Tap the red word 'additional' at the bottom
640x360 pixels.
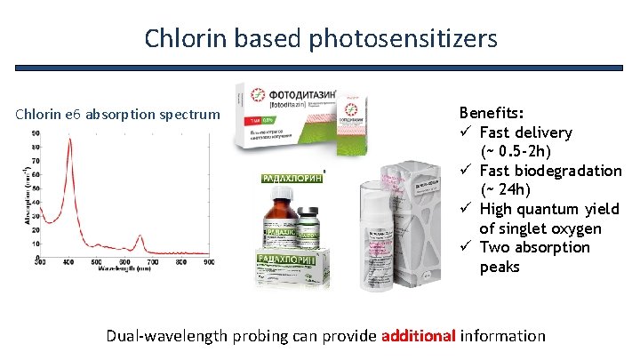418,336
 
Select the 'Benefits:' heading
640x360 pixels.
491,114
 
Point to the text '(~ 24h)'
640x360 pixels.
506,189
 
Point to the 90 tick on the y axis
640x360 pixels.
35,133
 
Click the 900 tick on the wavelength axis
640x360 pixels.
207,262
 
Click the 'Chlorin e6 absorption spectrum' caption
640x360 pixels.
117,114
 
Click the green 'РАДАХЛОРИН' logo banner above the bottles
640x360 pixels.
290,178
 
